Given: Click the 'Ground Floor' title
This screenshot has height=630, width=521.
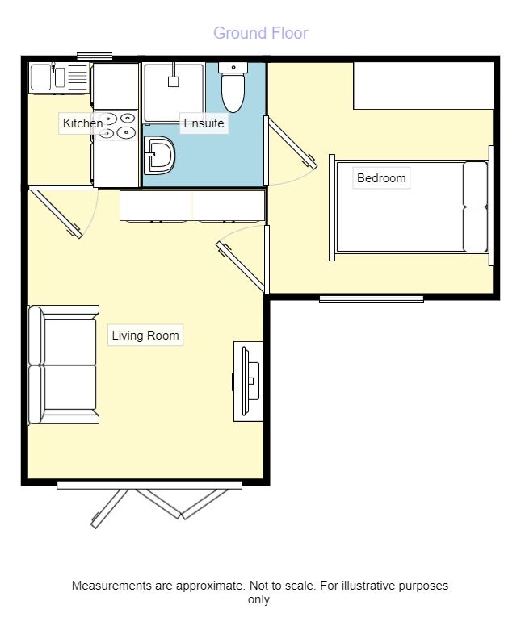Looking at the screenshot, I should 260,33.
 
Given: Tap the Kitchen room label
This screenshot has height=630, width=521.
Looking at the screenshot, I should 82,123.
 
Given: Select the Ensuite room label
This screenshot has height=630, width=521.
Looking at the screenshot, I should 204,123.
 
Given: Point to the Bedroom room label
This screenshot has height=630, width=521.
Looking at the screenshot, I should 381,178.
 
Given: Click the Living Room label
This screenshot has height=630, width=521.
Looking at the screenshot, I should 145,336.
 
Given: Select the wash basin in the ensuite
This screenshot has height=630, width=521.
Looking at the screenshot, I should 159,155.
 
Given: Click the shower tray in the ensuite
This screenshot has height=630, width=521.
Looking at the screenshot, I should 173,92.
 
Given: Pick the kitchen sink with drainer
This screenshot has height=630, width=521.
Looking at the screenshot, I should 58,78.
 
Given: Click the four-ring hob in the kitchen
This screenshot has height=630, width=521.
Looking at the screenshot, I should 116,125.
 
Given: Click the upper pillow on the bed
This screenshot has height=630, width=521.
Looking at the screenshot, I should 475,184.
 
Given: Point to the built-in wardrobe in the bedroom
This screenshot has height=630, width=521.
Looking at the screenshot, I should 422,86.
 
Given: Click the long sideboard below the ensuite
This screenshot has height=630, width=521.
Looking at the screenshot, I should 192,205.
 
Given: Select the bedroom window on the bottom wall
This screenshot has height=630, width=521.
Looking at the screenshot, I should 372,299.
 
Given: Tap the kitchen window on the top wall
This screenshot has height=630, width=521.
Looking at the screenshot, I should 95,56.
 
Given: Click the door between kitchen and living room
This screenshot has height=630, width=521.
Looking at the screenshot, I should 57,213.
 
